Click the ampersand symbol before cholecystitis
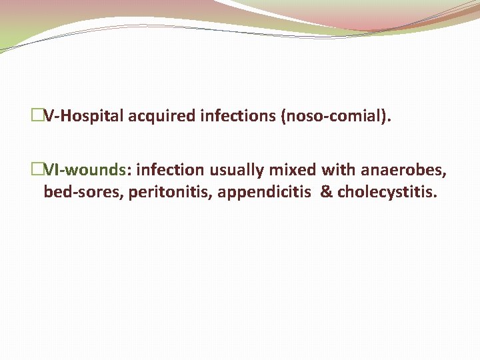pyautogui.click(x=326, y=193)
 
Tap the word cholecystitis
pyautogui.click(x=387, y=193)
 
